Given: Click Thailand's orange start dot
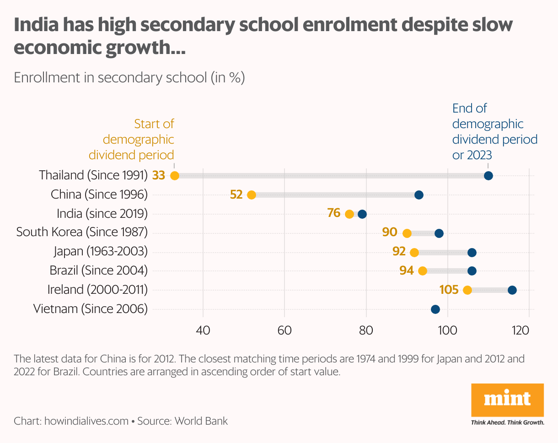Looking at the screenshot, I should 174,176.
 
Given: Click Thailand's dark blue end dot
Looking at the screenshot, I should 488,176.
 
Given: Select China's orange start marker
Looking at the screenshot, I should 251,195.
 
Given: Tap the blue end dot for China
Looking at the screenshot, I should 418,195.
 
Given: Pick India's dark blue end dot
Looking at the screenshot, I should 362,214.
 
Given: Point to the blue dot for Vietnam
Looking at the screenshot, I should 435,309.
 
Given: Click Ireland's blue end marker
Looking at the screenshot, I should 512,290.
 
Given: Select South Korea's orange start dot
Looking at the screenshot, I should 407,233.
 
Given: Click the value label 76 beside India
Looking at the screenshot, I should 334,213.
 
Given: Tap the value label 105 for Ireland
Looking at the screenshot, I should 449,289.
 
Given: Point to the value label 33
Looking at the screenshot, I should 159,175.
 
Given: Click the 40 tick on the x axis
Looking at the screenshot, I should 203,330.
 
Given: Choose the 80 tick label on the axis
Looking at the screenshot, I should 366,330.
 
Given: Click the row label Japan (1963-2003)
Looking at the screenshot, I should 101,251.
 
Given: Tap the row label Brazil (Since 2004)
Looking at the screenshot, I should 99,270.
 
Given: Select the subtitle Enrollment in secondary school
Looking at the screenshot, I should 129,77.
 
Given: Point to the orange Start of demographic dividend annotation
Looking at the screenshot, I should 132,139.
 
